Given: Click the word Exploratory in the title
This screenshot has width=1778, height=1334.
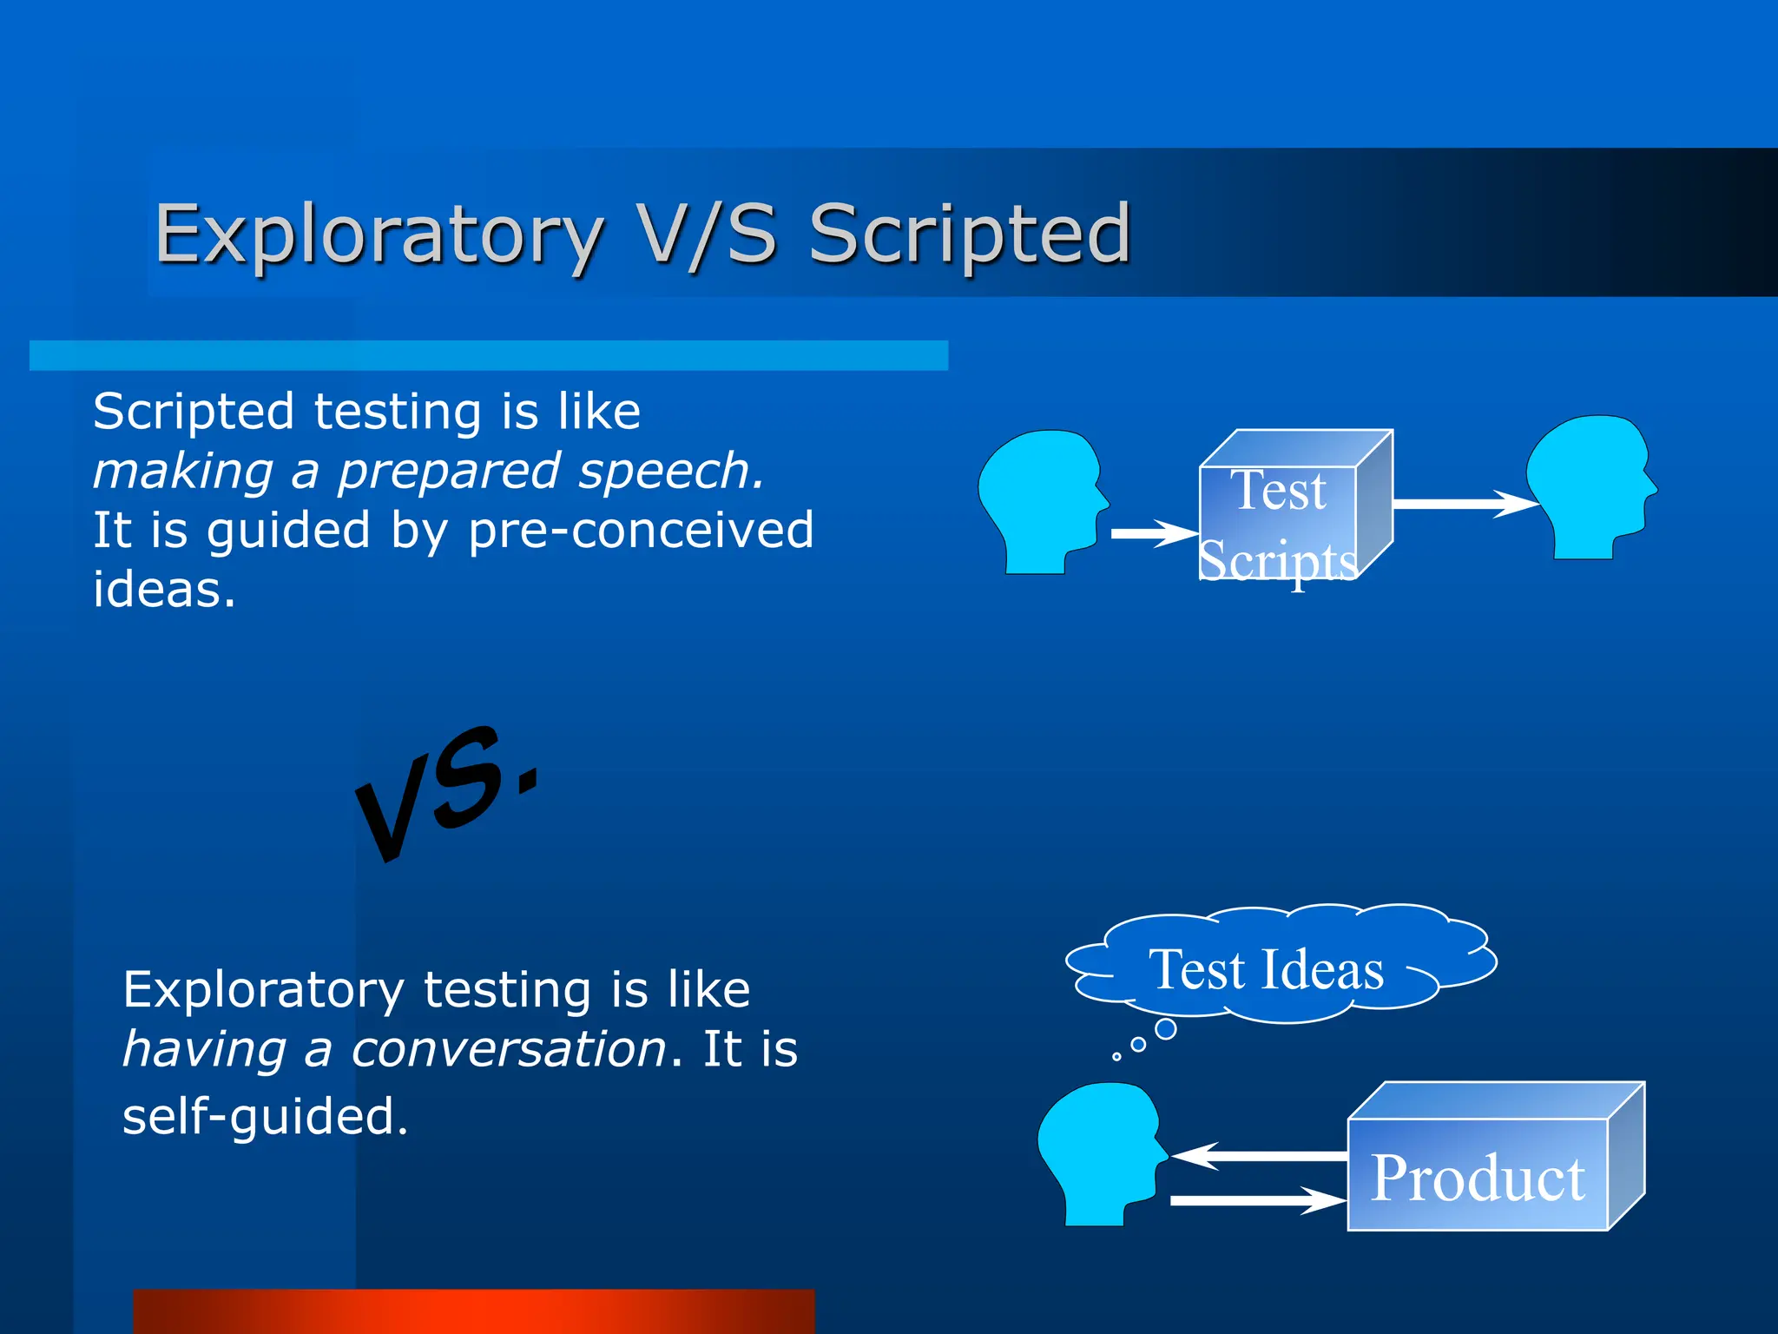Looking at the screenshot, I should pyautogui.click(x=379, y=234).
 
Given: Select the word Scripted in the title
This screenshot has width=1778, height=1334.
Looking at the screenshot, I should pyautogui.click(x=970, y=234).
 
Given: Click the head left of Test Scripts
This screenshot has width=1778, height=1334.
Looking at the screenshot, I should pyautogui.click(x=1040, y=499).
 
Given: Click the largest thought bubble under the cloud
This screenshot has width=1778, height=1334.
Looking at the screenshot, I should pyautogui.click(x=1166, y=1029).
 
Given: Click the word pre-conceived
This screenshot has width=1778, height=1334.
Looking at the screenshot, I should pyautogui.click(x=641, y=531).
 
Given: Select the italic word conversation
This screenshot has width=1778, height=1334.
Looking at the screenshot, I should pyautogui.click(x=509, y=1049).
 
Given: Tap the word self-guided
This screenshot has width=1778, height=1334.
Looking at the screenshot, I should pyautogui.click(x=265, y=1116).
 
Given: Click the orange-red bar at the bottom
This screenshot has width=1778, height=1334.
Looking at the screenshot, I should pyautogui.click(x=473, y=1311).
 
